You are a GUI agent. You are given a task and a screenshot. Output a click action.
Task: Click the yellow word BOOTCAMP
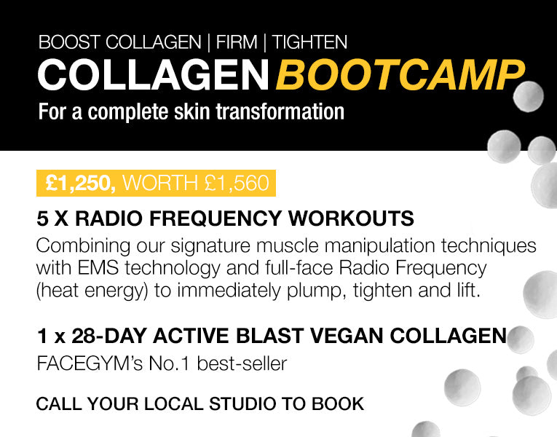tap(400, 75)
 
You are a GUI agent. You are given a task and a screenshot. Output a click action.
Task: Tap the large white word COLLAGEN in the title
tap(153, 75)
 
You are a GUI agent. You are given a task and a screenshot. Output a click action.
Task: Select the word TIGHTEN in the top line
tap(309, 42)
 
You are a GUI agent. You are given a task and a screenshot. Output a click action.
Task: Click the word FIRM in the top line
tap(237, 42)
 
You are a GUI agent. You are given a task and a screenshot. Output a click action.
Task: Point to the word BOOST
tap(70, 42)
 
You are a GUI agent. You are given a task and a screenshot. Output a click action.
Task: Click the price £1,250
tap(81, 184)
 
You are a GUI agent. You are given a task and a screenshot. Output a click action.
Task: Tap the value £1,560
tap(237, 184)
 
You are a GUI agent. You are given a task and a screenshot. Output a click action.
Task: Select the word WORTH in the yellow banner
tap(160, 184)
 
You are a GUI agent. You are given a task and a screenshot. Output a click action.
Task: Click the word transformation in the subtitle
tap(280, 111)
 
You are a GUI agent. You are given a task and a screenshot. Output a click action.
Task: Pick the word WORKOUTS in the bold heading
tap(351, 219)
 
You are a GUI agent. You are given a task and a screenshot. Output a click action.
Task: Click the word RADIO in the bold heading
tap(108, 219)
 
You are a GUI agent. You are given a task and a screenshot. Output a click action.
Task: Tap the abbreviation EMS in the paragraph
tap(98, 268)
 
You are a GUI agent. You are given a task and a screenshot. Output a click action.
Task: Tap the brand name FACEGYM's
tap(90, 364)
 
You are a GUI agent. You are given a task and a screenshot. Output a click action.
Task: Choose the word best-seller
tap(242, 364)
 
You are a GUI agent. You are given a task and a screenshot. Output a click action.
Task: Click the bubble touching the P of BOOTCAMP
tap(528, 96)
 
